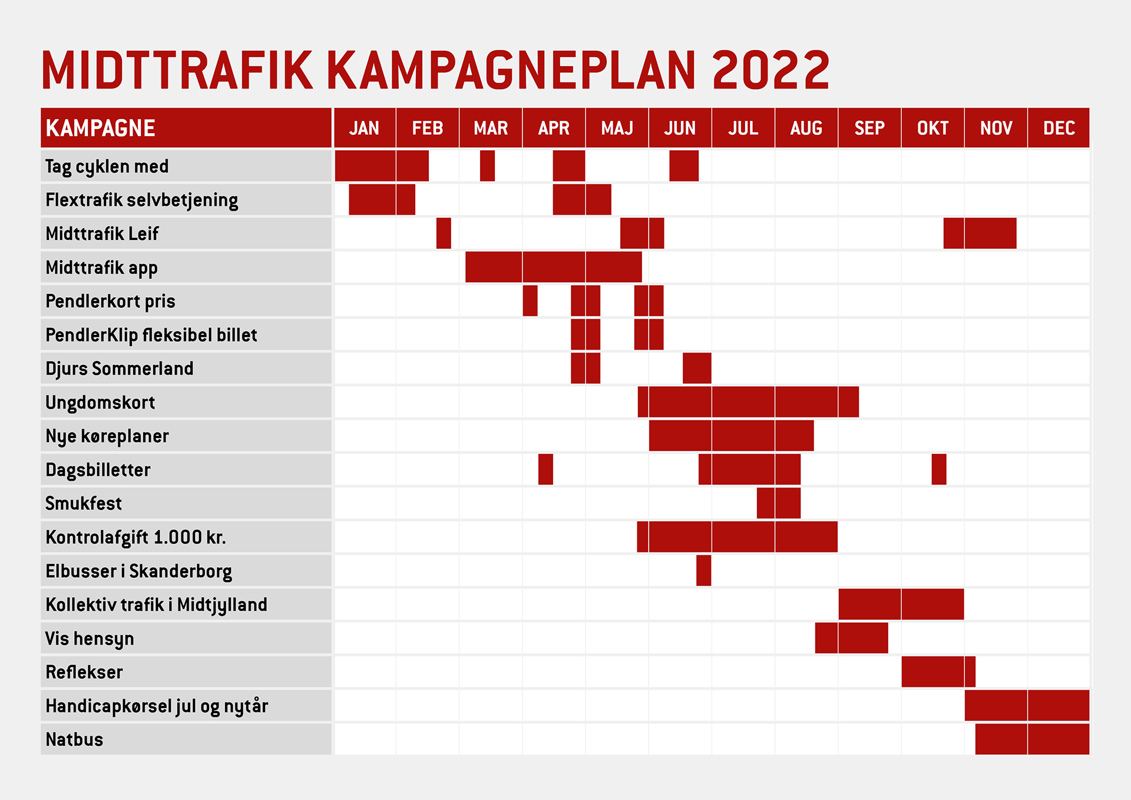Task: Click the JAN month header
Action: pyautogui.click(x=364, y=128)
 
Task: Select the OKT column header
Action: pyautogui.click(x=932, y=128)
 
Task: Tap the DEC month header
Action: pyautogui.click(x=1059, y=128)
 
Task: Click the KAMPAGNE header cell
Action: pyautogui.click(x=186, y=127)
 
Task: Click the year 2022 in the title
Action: pyautogui.click(x=771, y=70)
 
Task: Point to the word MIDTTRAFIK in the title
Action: pyautogui.click(x=177, y=70)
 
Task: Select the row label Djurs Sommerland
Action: pyautogui.click(x=119, y=368)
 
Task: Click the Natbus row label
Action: pyautogui.click(x=74, y=739)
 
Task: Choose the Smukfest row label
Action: pyautogui.click(x=84, y=503)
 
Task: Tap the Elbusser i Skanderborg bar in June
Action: pyautogui.click(x=703, y=570)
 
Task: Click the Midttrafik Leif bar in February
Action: pyautogui.click(x=444, y=233)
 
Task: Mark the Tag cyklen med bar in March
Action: pyautogui.click(x=487, y=166)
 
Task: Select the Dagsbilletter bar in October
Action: pyautogui.click(x=939, y=469)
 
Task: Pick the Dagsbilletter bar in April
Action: pyautogui.click(x=545, y=469)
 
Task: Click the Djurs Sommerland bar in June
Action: pyautogui.click(x=697, y=368)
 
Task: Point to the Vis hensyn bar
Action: pyautogui.click(x=851, y=638)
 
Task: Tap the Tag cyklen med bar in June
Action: pyautogui.click(x=684, y=166)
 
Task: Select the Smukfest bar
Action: pyautogui.click(x=779, y=503)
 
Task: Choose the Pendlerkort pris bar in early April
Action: pyautogui.click(x=530, y=301)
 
